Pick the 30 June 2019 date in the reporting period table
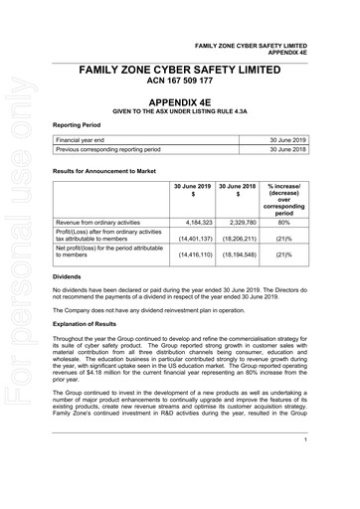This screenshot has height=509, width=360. pos(314,140)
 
